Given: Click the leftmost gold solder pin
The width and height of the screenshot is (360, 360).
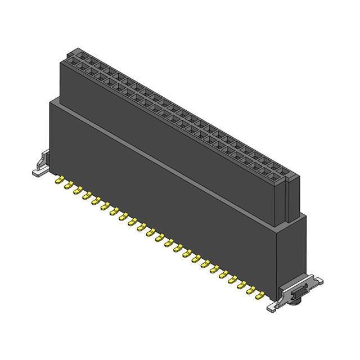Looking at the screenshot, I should click(x=58, y=181).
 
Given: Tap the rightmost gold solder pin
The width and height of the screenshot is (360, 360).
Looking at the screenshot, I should click(x=260, y=293).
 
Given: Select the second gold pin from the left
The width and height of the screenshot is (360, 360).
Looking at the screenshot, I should click(x=68, y=186).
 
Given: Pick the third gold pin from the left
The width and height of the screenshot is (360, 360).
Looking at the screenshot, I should click(x=77, y=191).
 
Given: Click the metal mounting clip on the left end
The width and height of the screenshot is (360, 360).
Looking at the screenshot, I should click(x=40, y=165).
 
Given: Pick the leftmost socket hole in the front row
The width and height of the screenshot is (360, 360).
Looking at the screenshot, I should click(x=71, y=66).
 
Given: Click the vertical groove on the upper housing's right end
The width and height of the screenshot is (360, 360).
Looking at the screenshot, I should click(x=289, y=200).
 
